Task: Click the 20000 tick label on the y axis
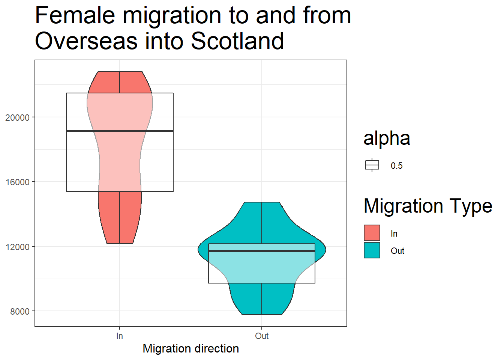click(17, 117)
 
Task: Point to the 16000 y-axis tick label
click(17, 182)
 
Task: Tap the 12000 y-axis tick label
click(17, 247)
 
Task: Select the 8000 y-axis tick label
click(20, 311)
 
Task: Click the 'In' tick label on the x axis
click(120, 336)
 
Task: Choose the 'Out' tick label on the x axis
click(262, 336)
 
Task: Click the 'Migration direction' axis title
click(191, 348)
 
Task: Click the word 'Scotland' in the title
click(237, 41)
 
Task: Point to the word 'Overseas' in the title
click(86, 41)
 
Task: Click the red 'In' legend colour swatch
click(372, 233)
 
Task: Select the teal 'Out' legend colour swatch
click(372, 250)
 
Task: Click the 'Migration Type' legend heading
click(428, 206)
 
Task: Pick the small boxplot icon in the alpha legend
click(372, 165)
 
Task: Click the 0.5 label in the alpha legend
click(396, 166)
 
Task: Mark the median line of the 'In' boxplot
click(120, 131)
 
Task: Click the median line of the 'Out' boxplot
click(262, 251)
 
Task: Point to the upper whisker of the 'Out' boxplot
click(262, 223)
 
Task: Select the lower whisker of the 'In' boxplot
click(120, 217)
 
